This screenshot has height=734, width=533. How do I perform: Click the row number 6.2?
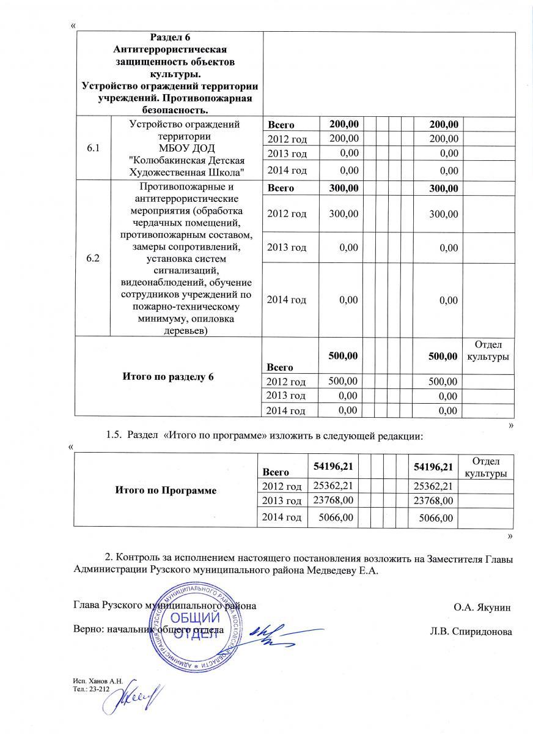point(93,258)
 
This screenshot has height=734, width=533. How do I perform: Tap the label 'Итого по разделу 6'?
point(168,376)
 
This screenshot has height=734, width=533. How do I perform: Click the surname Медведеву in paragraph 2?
point(333,570)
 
